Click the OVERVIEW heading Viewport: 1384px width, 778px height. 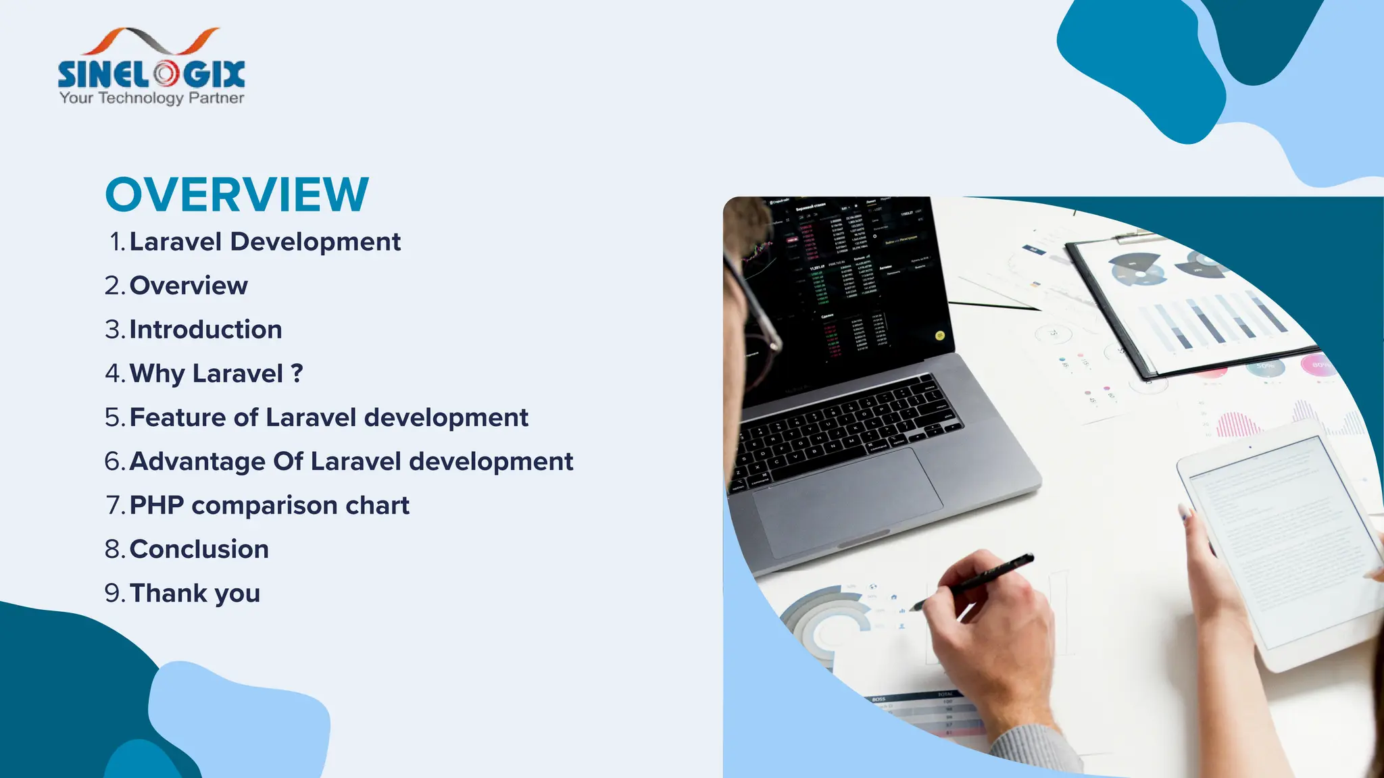coord(237,194)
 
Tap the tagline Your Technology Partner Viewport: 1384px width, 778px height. coord(151,98)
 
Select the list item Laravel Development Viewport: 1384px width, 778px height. coord(264,242)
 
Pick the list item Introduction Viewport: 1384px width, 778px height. coord(205,330)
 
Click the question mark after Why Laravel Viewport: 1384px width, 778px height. coord(297,373)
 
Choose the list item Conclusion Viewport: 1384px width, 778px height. coord(199,549)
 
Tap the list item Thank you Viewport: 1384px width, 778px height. coord(195,593)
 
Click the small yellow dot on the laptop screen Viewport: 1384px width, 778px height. coord(939,335)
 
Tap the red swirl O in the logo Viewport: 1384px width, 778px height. coord(165,74)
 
